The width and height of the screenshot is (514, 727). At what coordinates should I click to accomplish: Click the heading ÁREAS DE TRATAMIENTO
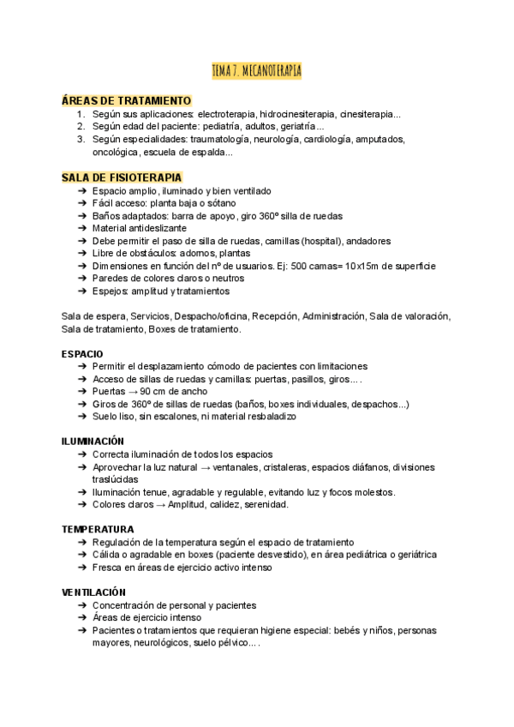pyautogui.click(x=126, y=99)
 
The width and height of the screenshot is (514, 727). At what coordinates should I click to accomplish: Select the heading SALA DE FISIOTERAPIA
pyautogui.click(x=122, y=177)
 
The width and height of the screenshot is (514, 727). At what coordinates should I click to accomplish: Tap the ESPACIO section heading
pyautogui.click(x=82, y=353)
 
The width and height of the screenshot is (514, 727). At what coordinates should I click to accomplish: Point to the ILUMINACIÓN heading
pyautogui.click(x=92, y=441)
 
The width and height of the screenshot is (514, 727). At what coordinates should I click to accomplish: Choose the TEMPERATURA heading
pyautogui.click(x=97, y=529)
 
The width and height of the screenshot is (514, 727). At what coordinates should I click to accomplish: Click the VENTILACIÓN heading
pyautogui.click(x=93, y=592)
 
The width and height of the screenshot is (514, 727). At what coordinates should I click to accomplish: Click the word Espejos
pyautogui.click(x=110, y=291)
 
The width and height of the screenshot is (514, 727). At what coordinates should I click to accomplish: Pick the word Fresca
pyautogui.click(x=108, y=568)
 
